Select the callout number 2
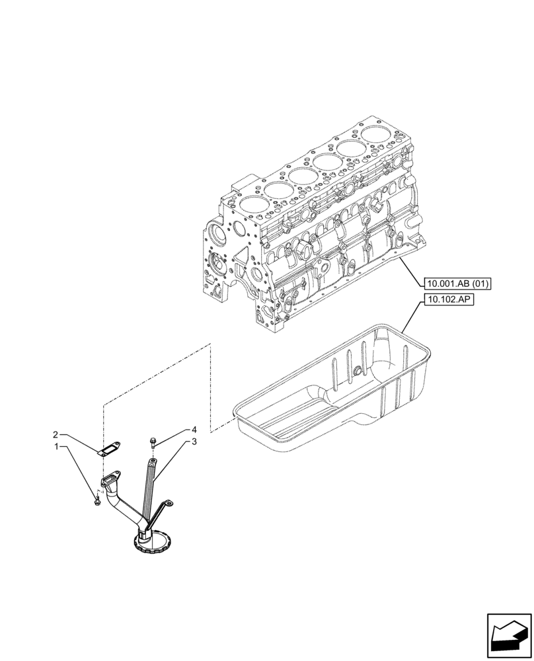coord(57,434)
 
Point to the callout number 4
coord(194,429)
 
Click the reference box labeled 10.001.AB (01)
coord(458,284)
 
